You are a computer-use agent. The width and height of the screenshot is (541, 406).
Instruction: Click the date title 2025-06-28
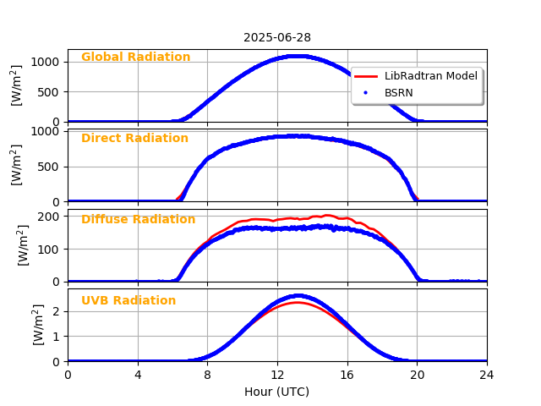(x=277, y=37)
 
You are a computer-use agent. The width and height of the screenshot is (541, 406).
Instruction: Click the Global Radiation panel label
(x=135, y=58)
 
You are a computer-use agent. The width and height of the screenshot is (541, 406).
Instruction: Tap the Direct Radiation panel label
(x=134, y=139)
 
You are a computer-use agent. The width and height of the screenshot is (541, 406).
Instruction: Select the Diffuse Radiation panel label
(x=138, y=220)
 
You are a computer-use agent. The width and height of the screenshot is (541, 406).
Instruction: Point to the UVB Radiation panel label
(x=128, y=301)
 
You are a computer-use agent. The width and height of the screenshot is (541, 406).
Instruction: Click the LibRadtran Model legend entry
(x=430, y=76)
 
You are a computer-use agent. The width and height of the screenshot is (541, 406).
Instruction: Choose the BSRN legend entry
(x=398, y=92)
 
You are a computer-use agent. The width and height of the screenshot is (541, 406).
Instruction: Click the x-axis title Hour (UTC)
(x=277, y=392)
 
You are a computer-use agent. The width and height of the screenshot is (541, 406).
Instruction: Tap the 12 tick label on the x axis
(x=277, y=375)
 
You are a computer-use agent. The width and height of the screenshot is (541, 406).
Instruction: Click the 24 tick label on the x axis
(x=487, y=375)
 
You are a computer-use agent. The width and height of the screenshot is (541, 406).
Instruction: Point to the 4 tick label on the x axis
(x=138, y=375)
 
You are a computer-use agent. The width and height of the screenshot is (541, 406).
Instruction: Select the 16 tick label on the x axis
(x=347, y=375)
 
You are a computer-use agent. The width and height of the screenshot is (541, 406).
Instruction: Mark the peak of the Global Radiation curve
(x=296, y=56)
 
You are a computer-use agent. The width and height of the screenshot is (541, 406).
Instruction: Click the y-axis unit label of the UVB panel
(x=38, y=325)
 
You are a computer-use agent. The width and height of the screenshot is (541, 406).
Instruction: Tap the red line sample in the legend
(x=366, y=76)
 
